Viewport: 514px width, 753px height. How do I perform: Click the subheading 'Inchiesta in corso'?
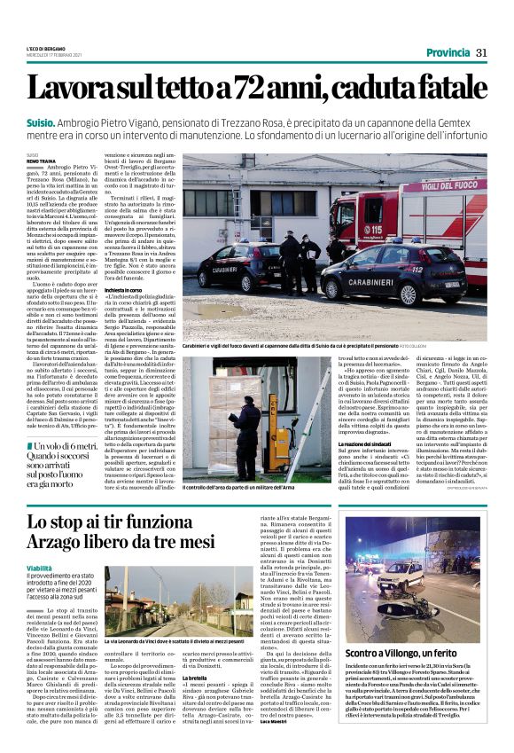click(x=127, y=289)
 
